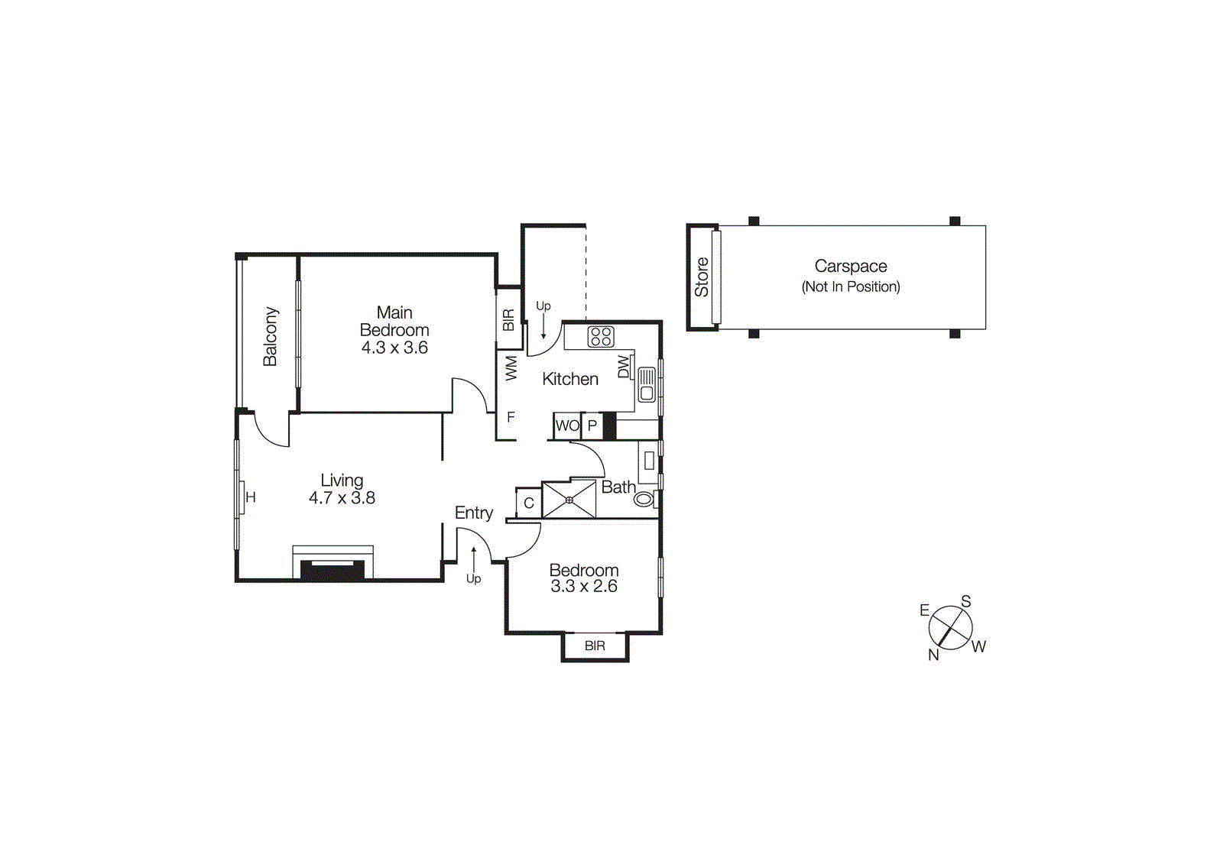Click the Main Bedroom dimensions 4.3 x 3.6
click(394, 348)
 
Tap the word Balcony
click(270, 337)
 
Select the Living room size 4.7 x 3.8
click(342, 498)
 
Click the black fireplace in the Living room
click(333, 571)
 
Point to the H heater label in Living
click(251, 497)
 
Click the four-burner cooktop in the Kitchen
click(601, 337)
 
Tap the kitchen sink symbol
click(647, 384)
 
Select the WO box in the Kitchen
click(567, 426)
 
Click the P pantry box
click(592, 426)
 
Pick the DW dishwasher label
click(624, 367)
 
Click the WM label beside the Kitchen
click(511, 368)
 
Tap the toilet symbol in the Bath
click(644, 500)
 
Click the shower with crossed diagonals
click(569, 500)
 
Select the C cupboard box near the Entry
click(529, 503)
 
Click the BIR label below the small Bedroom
click(595, 646)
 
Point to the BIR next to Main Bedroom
click(508, 319)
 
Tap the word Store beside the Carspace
click(701, 277)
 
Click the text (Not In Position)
click(851, 287)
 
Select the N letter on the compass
click(933, 655)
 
